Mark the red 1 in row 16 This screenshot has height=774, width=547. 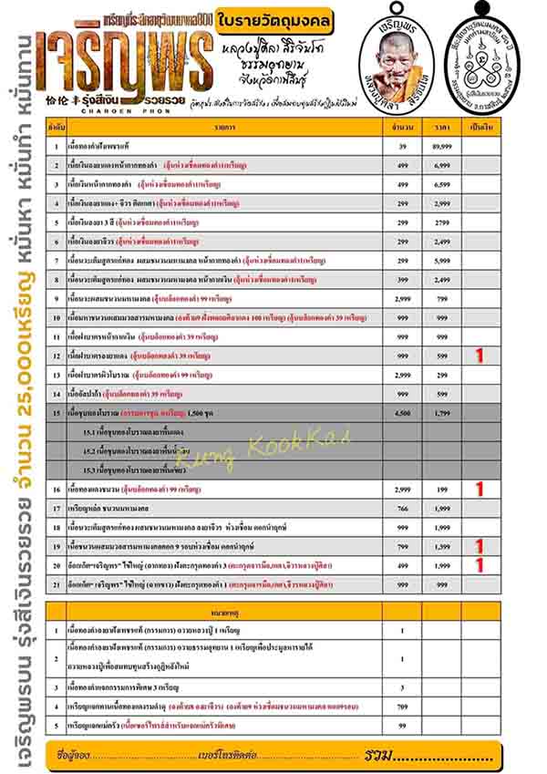480,490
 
